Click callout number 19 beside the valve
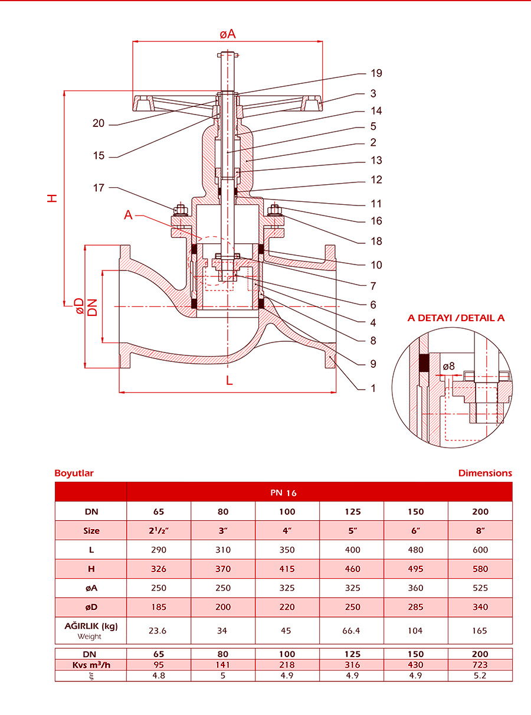[x=376, y=73]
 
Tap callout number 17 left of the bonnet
[x=98, y=188]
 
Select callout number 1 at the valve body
[x=373, y=388]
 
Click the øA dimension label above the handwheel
[x=228, y=34]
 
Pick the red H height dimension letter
[x=53, y=198]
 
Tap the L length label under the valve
[x=230, y=381]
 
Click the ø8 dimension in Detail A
[x=449, y=366]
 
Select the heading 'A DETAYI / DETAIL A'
[x=456, y=318]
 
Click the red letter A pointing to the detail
[x=128, y=216]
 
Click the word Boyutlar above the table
[x=74, y=473]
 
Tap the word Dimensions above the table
[x=485, y=473]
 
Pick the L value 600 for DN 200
[x=480, y=550]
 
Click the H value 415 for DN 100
[x=287, y=569]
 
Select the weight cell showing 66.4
[x=351, y=631]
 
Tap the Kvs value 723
[x=480, y=664]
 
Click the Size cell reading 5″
[x=352, y=531]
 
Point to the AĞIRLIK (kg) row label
[x=91, y=626]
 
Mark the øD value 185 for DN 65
[x=159, y=607]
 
